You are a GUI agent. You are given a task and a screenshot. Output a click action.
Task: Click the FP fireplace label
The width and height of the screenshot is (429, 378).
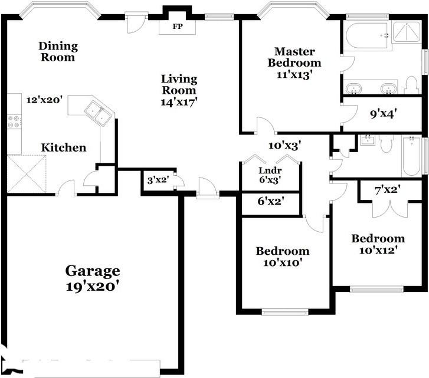(177, 27)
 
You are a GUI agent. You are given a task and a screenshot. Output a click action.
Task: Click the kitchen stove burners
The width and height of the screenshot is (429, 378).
(13, 121)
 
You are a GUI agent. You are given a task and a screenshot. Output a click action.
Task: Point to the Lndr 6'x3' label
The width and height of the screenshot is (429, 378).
(270, 175)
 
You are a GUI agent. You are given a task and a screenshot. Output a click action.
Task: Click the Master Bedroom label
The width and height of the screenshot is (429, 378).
(294, 57)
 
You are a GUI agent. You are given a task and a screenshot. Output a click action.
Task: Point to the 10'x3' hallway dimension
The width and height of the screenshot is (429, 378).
(285, 145)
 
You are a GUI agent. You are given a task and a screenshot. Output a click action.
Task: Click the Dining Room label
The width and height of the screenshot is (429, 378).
(57, 51)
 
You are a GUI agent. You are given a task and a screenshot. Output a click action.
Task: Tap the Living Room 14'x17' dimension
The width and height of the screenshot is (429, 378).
(179, 101)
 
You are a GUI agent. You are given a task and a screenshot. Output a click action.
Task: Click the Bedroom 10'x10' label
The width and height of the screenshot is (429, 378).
(282, 257)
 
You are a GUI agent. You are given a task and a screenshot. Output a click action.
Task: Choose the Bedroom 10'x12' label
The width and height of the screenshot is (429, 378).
(378, 244)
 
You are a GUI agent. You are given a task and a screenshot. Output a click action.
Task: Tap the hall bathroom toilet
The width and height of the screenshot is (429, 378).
(387, 143)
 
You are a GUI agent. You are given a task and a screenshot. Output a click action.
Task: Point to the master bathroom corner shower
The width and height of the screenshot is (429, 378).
(407, 34)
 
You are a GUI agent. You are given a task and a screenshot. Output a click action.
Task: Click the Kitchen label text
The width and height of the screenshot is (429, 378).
(63, 147)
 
